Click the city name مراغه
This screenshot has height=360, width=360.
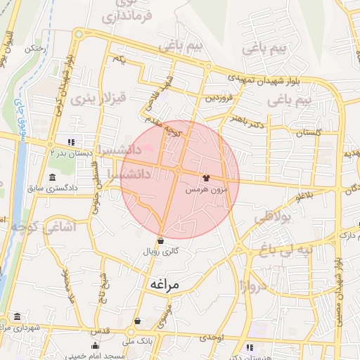tap(165, 284)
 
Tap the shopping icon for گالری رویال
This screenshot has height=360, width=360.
tap(161, 240)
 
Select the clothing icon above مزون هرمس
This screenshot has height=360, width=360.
tap(206, 179)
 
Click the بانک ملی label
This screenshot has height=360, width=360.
tap(137, 342)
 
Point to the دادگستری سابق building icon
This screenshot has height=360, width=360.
tap(53, 177)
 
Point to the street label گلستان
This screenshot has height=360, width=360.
tap(309, 132)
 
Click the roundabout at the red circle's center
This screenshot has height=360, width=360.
tap(179, 170)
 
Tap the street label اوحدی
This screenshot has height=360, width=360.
tap(210, 337)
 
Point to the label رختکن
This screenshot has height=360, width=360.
tap(35, 49)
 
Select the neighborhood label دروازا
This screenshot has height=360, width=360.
tap(250, 286)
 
